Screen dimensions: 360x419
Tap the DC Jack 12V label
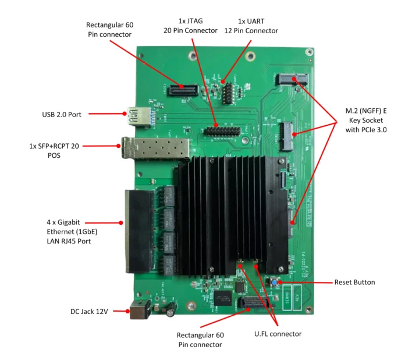[88, 312]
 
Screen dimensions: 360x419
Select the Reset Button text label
[354, 282]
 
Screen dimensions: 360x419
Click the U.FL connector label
[278, 334]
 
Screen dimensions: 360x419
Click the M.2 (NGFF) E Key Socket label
[366, 120]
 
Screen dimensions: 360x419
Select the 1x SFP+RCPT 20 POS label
[53, 151]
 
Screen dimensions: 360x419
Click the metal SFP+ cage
[155, 148]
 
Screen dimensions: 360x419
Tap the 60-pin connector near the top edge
[182, 90]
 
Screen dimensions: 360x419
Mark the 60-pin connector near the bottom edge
[254, 303]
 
